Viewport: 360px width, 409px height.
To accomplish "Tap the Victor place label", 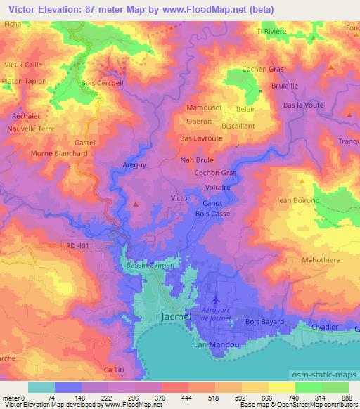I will coord(181,198).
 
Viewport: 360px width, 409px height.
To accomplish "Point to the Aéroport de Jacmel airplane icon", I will coord(214,303).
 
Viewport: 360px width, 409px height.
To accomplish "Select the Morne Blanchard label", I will coord(60,153).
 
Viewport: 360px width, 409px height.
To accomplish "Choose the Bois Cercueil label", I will coord(102,84).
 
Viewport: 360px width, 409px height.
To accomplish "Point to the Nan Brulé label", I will coord(198,160).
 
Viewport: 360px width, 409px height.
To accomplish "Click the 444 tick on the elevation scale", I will coord(189,398).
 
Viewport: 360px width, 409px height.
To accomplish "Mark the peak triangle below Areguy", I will coord(135,204).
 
